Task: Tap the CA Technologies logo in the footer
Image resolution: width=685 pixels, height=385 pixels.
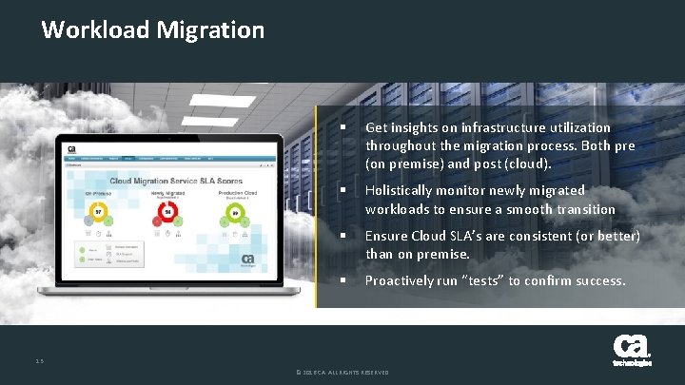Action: (632, 350)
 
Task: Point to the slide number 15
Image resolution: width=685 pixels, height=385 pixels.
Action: (38, 359)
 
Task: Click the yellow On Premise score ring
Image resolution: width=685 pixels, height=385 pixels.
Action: (97, 209)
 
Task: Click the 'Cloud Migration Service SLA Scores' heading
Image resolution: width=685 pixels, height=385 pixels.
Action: (176, 180)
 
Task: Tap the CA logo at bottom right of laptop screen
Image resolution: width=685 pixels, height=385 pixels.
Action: (247, 259)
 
